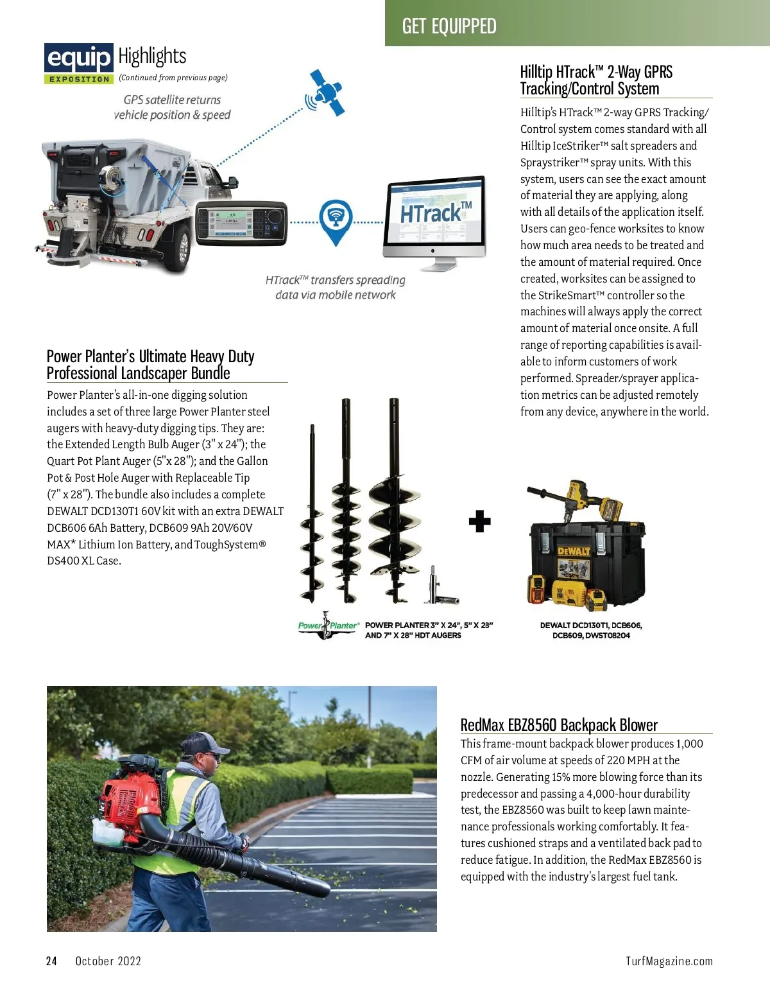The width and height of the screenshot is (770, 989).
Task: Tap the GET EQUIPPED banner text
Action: (449, 26)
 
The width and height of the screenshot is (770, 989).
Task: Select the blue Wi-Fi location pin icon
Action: (335, 220)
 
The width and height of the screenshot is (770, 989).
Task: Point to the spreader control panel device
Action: (241, 222)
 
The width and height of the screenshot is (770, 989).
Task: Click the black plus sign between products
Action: (479, 521)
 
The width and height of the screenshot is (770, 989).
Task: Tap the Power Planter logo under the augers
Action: (328, 626)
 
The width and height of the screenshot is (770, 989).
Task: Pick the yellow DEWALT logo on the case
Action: (573, 551)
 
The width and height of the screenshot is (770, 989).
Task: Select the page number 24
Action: (51, 961)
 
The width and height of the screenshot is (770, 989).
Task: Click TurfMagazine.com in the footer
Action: (669, 961)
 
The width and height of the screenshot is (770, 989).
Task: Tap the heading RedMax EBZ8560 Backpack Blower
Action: (559, 725)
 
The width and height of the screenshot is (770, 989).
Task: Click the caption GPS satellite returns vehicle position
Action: (172, 107)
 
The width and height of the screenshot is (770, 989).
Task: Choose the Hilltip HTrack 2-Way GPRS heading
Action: (596, 80)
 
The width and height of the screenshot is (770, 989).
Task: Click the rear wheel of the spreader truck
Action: (182, 247)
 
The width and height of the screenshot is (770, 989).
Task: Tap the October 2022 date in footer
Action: (108, 961)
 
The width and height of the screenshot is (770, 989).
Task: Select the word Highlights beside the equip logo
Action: (152, 57)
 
